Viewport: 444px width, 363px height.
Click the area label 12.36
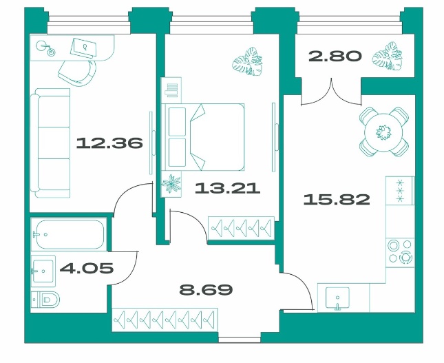coord(109,143)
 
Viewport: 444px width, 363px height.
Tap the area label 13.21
coord(227,188)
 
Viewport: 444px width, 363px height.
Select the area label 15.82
coord(337,199)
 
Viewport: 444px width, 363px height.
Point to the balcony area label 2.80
coord(335,56)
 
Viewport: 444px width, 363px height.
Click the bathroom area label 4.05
coord(87,268)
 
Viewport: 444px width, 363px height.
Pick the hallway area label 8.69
coord(206,289)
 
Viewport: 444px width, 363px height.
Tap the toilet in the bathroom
coord(45,299)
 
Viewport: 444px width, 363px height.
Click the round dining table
coord(383,132)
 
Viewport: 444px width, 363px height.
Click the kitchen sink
coord(337,298)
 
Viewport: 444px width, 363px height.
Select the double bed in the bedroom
coord(203,137)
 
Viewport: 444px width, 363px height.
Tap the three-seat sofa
coord(50,143)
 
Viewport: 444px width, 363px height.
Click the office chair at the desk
coord(78,72)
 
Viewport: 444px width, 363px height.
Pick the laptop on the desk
coord(83,48)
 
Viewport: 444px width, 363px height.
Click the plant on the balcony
coord(387,56)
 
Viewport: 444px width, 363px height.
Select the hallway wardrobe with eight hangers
coord(165,320)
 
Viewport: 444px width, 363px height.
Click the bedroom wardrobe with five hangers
coord(241,227)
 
